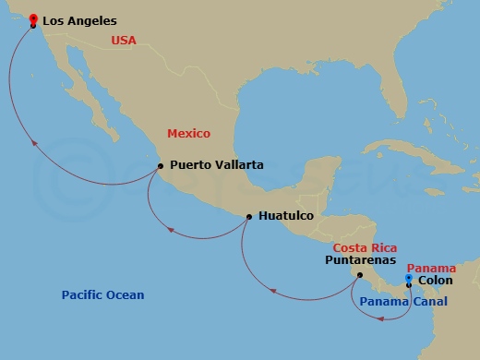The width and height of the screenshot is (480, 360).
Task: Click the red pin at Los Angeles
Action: click(x=33, y=18)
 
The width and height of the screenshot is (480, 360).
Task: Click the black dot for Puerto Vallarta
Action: click(x=161, y=166)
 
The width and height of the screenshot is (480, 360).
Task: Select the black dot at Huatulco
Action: click(x=249, y=217)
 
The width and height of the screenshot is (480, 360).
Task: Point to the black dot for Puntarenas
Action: click(x=359, y=274)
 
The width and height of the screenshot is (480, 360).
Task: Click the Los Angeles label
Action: click(x=80, y=19)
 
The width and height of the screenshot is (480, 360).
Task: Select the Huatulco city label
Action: click(x=286, y=216)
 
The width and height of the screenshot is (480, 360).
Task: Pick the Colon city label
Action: click(x=435, y=280)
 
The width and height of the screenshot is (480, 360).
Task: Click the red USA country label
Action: click(x=124, y=40)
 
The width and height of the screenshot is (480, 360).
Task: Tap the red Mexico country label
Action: click(x=188, y=133)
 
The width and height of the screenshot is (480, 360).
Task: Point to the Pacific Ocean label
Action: click(x=102, y=295)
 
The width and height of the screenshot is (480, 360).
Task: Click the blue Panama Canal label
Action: click(x=403, y=302)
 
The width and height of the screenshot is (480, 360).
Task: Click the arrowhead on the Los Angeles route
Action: click(x=33, y=143)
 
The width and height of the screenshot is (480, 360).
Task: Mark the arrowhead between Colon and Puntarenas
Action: click(x=379, y=317)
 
